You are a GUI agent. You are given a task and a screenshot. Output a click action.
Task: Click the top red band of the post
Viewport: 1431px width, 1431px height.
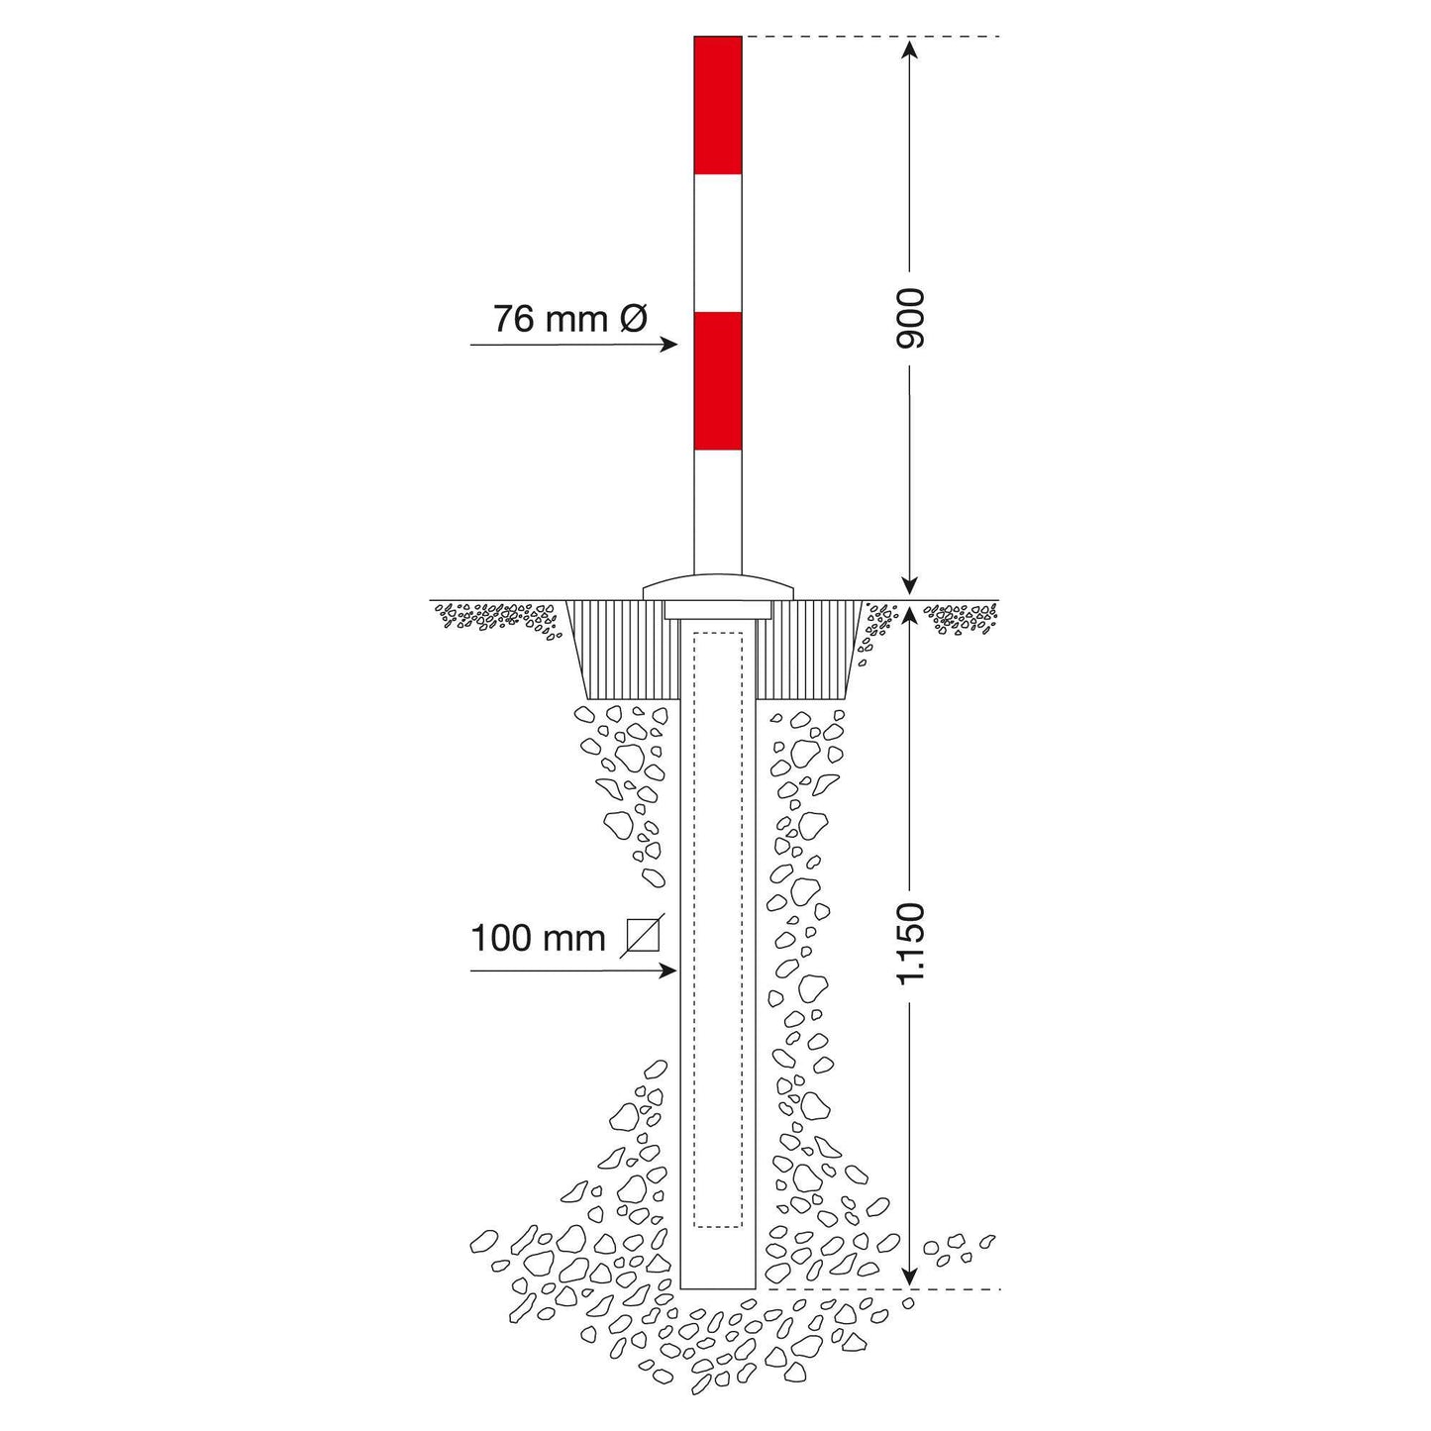click(717, 105)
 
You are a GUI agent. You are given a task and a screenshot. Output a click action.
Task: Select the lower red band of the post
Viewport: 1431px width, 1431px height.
click(717, 381)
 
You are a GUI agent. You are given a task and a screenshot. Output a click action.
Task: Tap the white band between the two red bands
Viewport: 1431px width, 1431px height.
click(717, 244)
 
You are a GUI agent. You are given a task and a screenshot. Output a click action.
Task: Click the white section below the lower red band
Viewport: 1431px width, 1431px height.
click(717, 512)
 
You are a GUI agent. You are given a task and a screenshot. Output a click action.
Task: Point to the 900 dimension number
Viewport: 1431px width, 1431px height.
click(910, 319)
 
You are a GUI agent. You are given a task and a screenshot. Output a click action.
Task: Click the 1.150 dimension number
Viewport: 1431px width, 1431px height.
click(910, 943)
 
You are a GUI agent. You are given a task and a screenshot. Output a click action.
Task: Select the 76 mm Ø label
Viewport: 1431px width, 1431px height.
click(570, 319)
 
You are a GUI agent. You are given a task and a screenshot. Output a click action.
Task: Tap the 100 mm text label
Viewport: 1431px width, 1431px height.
click(539, 939)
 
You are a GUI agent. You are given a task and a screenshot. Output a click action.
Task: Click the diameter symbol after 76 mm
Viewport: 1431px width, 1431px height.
click(633, 319)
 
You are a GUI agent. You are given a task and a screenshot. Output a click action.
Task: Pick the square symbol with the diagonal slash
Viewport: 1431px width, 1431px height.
click(643, 936)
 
